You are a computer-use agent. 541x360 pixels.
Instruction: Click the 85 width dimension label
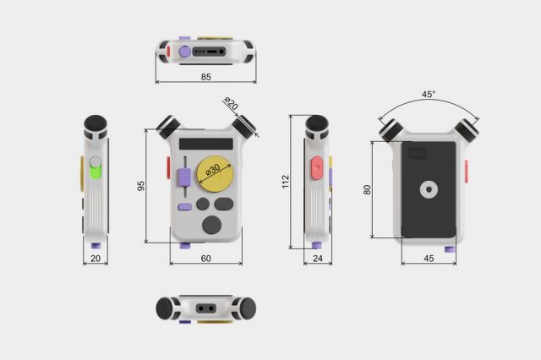tap(205, 77)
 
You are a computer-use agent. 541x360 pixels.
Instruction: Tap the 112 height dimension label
tap(286, 182)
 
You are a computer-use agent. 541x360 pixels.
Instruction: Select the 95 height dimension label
tap(141, 186)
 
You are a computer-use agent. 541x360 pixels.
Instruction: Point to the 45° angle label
tap(429, 94)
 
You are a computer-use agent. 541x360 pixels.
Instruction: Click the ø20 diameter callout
tap(231, 103)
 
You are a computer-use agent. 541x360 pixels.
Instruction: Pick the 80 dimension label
tap(367, 189)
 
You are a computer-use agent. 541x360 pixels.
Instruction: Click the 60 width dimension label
tap(205, 259)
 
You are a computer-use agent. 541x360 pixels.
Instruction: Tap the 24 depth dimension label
tap(318, 259)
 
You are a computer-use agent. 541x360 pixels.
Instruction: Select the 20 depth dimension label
tap(96, 259)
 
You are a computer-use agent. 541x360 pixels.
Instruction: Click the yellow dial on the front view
tap(215, 174)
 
